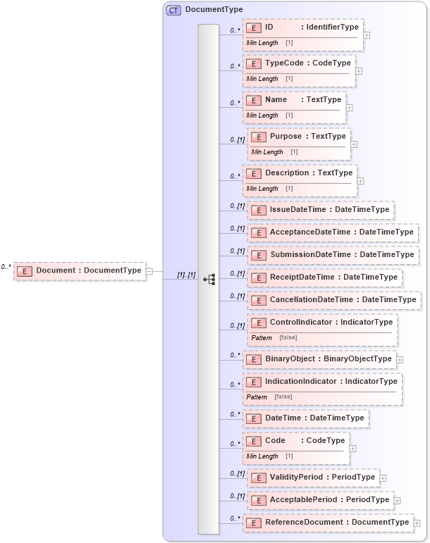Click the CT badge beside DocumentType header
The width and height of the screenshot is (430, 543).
pos(173,10)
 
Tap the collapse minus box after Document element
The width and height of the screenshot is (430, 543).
pos(150,270)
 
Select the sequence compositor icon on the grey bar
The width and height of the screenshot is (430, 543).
pos(209,279)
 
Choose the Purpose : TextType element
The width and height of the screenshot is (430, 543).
pos(299,137)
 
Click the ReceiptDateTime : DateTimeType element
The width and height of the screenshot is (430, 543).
pos(325,277)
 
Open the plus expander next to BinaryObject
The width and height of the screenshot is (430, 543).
pos(400,359)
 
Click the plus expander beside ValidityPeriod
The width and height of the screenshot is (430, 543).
pos(383,478)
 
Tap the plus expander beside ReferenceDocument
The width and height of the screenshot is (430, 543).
pos(417,523)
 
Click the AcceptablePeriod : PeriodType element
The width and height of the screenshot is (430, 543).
pos(321,500)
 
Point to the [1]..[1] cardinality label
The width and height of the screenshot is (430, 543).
pos(186,275)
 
